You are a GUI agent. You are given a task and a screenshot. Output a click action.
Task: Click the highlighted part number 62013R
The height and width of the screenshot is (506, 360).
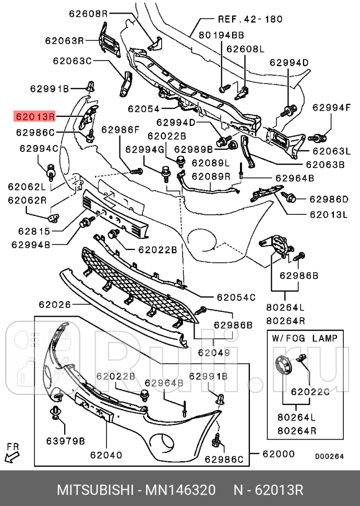coord(35,116)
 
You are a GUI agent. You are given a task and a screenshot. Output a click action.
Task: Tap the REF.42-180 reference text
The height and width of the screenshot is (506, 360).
coord(250,19)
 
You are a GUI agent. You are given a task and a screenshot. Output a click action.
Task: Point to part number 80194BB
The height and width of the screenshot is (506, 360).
coord(221,35)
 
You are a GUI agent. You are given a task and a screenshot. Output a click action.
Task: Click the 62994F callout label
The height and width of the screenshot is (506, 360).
coord(331,108)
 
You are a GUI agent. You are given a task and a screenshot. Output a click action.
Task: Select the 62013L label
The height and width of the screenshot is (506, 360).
coord(329,214)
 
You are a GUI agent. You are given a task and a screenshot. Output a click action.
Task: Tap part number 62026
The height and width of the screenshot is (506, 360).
coord(55,304)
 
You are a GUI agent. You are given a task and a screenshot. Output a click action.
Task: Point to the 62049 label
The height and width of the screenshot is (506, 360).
coord(213,353)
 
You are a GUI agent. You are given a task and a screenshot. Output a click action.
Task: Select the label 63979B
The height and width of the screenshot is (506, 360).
coord(65,441)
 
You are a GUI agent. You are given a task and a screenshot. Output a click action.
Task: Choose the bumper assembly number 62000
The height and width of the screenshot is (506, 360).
coord(278,454)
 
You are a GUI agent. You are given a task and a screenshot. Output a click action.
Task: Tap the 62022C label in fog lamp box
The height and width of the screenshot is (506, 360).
coord(310,391)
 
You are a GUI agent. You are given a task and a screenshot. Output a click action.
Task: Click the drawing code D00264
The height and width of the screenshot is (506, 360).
coord(329,456)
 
